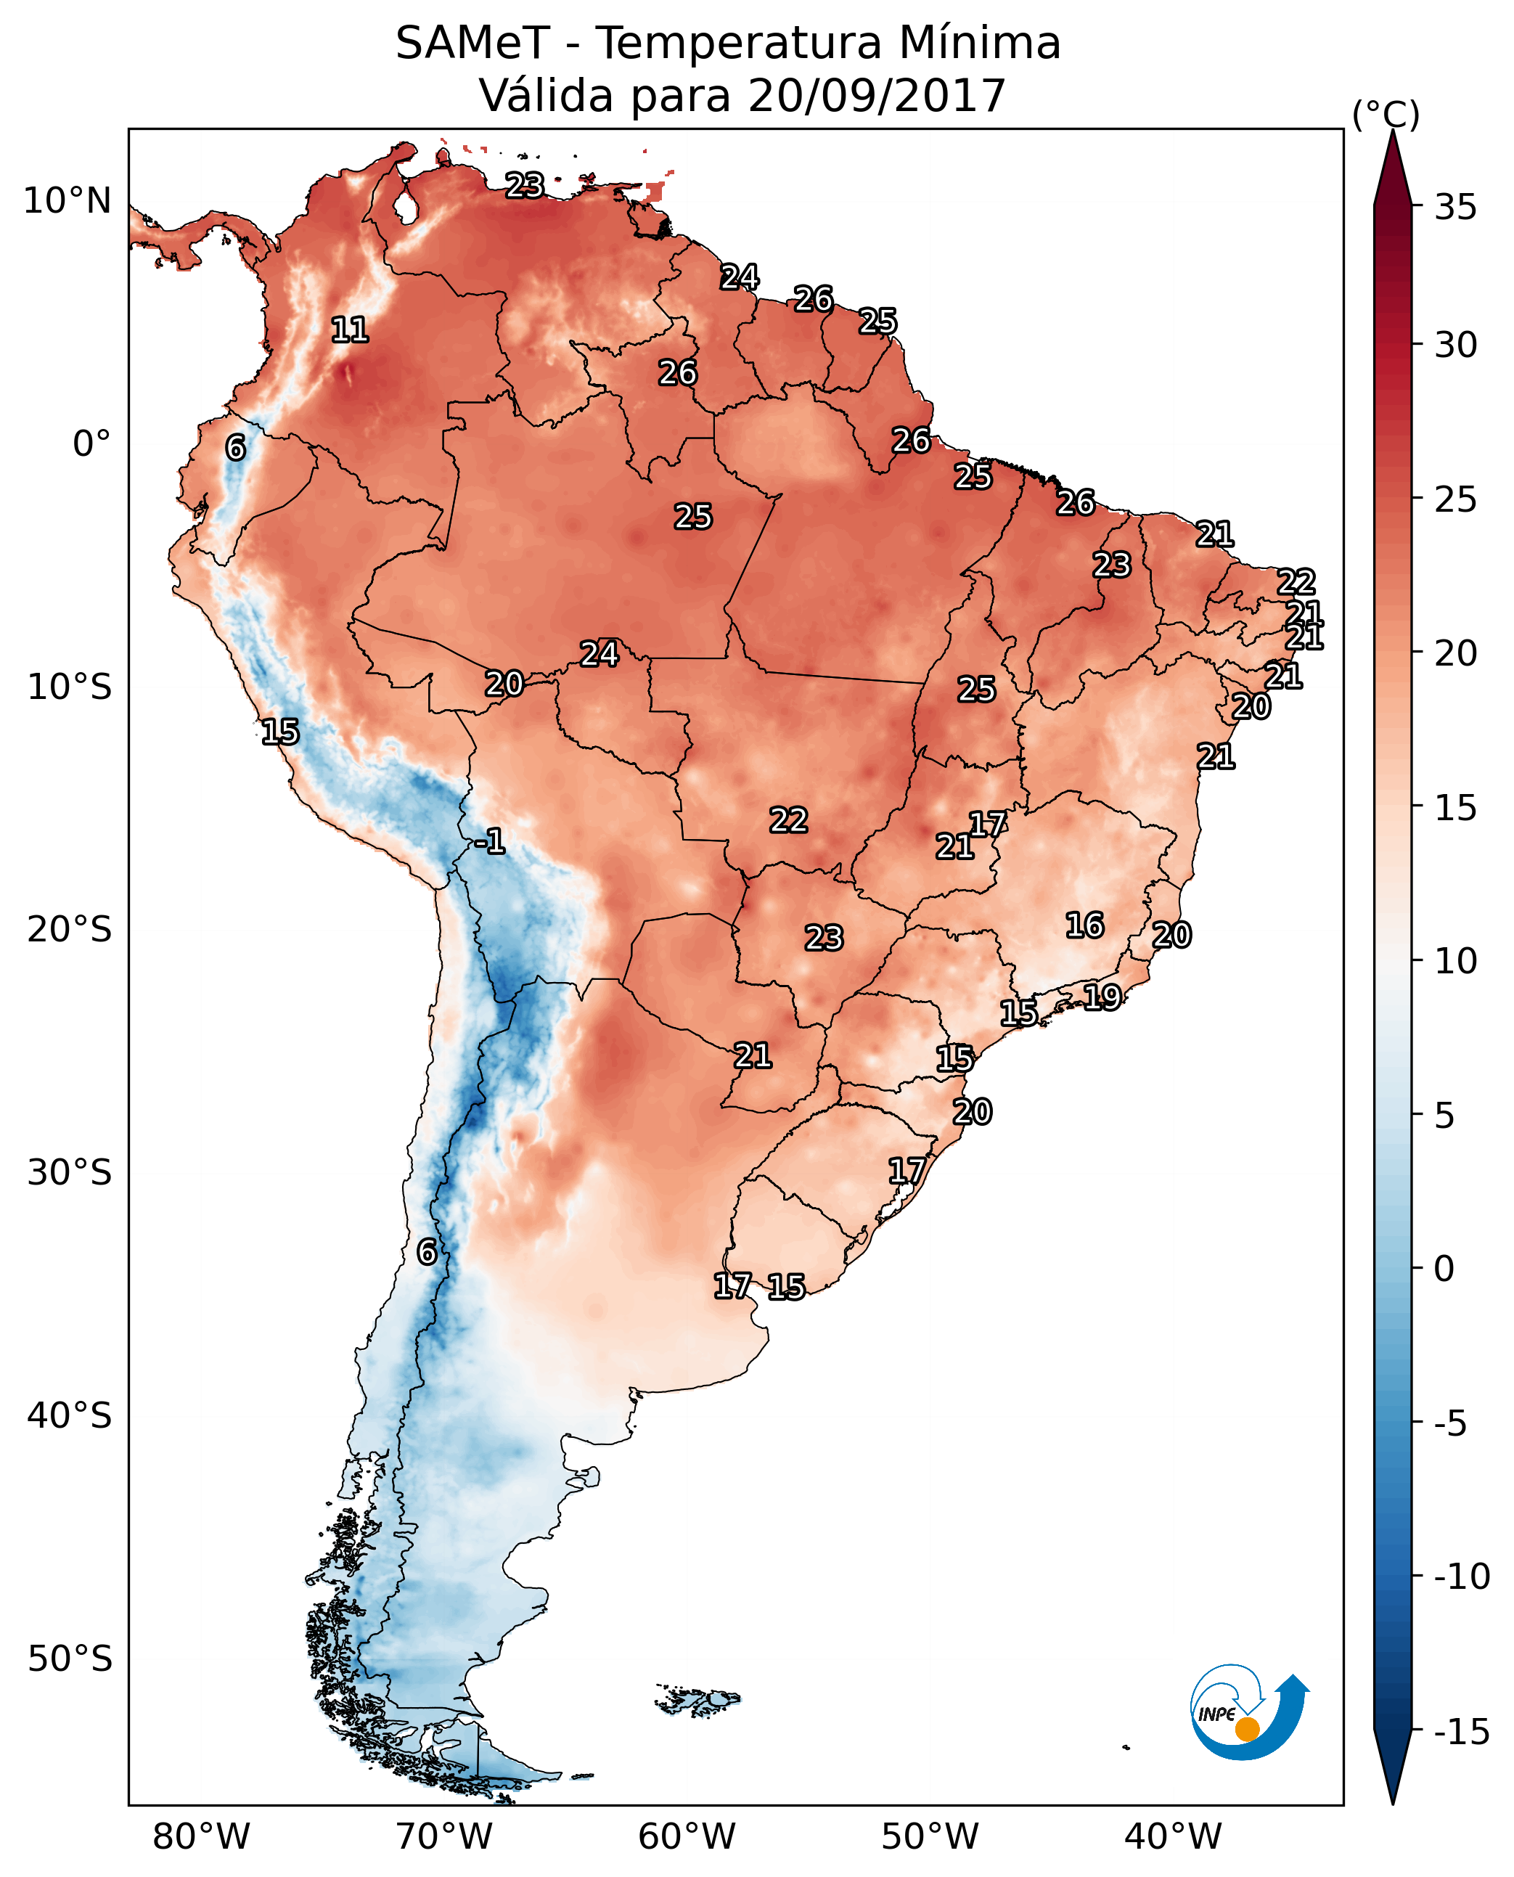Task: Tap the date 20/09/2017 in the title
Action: [877, 95]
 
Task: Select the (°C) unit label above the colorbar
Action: [1386, 114]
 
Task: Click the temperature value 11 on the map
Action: [350, 330]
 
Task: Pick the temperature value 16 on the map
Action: [1085, 925]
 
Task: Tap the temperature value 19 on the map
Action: [1102, 996]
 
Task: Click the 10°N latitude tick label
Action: [67, 202]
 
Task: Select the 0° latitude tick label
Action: [91, 444]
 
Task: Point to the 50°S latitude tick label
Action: [70, 1658]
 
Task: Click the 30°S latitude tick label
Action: [70, 1173]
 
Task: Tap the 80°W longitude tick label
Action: [202, 1836]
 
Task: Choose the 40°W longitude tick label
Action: [1173, 1836]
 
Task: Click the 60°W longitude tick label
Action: [687, 1836]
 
